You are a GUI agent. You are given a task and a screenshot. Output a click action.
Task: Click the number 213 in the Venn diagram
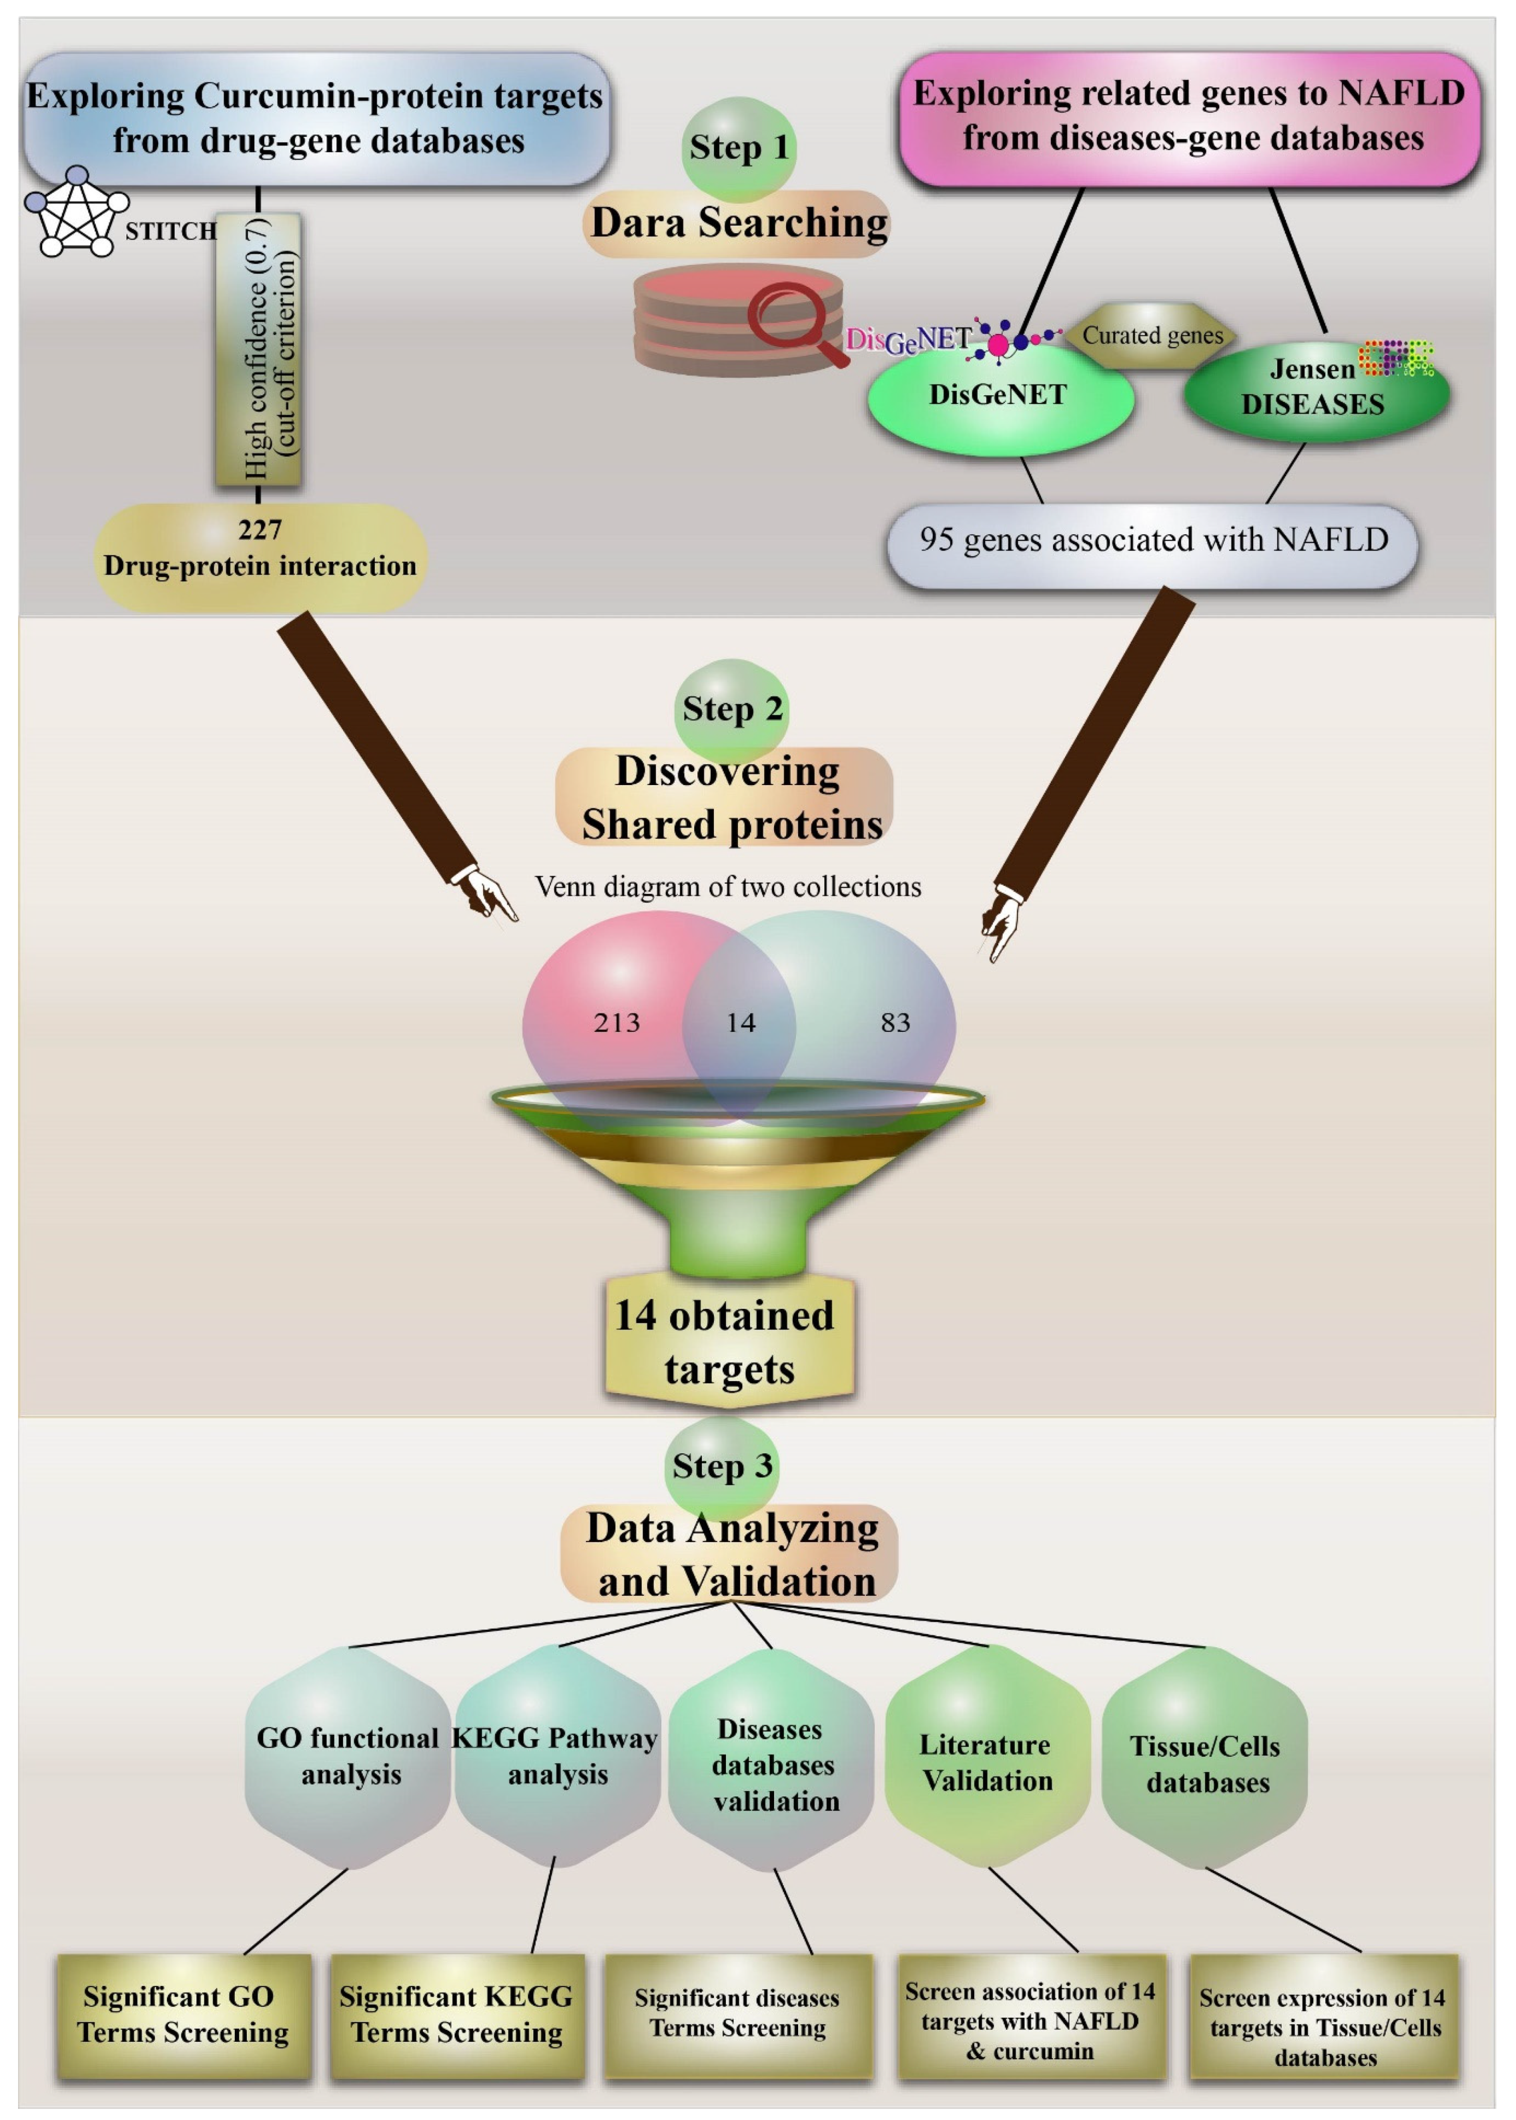pyautogui.click(x=617, y=1022)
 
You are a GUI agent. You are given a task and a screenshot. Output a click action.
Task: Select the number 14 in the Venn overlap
pyautogui.click(x=740, y=1022)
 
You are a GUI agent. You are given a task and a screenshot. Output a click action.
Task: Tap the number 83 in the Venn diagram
pyautogui.click(x=894, y=1022)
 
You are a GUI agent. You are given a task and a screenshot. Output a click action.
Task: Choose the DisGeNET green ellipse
pyautogui.click(x=999, y=397)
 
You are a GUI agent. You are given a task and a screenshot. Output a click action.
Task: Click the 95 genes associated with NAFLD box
pyautogui.click(x=1153, y=541)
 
